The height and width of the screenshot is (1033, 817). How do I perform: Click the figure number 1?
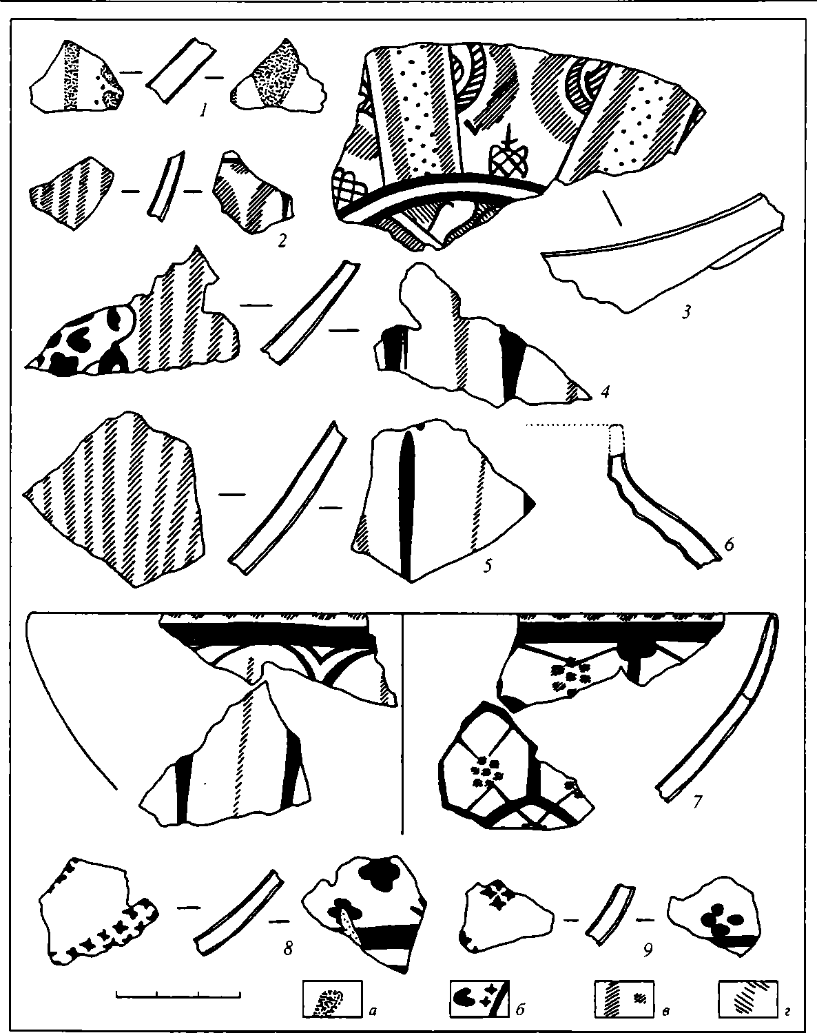tap(204, 112)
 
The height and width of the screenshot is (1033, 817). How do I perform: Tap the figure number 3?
tap(686, 312)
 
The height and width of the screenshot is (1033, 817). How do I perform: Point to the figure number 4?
tap(605, 392)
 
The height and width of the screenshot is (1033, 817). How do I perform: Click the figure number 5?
tap(488, 566)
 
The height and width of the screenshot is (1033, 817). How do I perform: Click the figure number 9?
tap(648, 949)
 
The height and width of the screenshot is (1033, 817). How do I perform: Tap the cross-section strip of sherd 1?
tap(180, 70)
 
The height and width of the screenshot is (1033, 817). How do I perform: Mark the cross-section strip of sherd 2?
tap(167, 185)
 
